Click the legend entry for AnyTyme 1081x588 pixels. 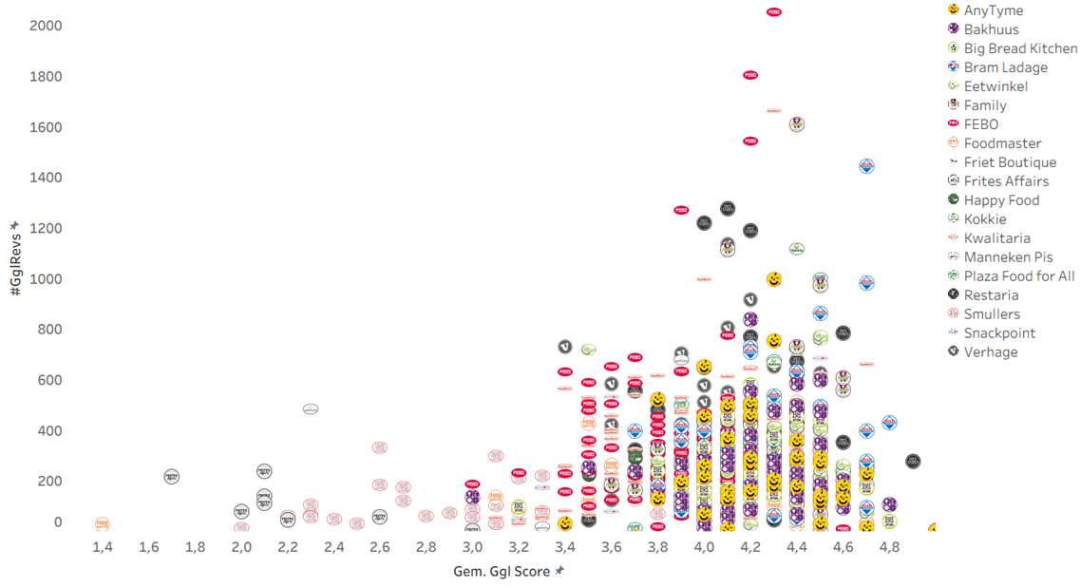993,10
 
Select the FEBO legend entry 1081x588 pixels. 980,124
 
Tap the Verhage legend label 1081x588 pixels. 990,352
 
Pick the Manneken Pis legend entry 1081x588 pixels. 1008,257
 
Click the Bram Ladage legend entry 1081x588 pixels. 1005,67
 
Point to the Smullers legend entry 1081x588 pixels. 992,314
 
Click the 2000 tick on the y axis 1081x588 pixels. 46,25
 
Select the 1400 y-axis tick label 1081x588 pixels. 46,178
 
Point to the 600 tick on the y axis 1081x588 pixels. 49,380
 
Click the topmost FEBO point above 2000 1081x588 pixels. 773,12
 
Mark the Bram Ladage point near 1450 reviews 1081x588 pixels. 866,166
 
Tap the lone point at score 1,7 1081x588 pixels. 172,477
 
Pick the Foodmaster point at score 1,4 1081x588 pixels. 103,524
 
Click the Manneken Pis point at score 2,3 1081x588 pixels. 311,409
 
